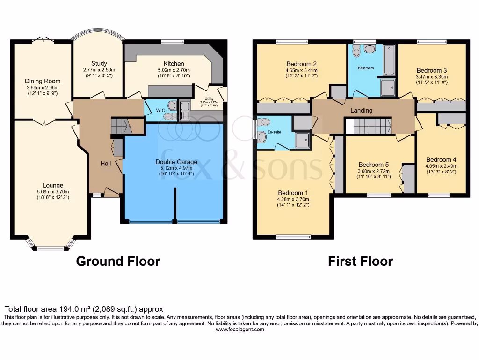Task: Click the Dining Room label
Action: point(43,81)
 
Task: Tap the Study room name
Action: point(99,63)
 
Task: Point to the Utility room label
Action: point(209,98)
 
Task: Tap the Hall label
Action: point(105,164)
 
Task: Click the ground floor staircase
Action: point(121,126)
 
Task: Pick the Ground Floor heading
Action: point(118,261)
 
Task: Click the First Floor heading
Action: point(360,261)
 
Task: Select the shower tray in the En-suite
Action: point(303,139)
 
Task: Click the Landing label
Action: point(362,111)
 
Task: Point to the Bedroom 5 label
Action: point(373,165)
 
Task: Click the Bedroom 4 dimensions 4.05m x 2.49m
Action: point(441,165)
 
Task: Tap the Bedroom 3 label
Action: point(432,70)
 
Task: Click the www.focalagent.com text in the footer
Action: point(239,330)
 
